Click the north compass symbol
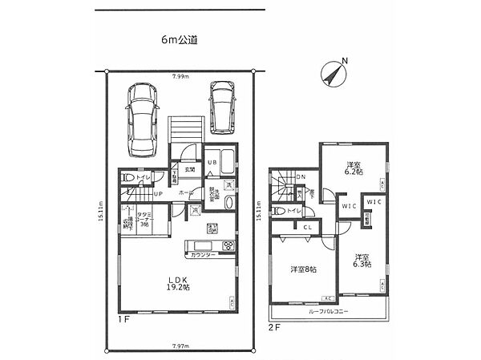click(x=333, y=74)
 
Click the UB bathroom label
click(x=212, y=164)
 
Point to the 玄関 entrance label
click(x=191, y=170)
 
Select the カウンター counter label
click(x=202, y=255)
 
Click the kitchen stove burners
click(x=196, y=244)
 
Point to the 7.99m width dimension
click(x=179, y=76)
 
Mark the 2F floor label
click(x=274, y=327)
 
